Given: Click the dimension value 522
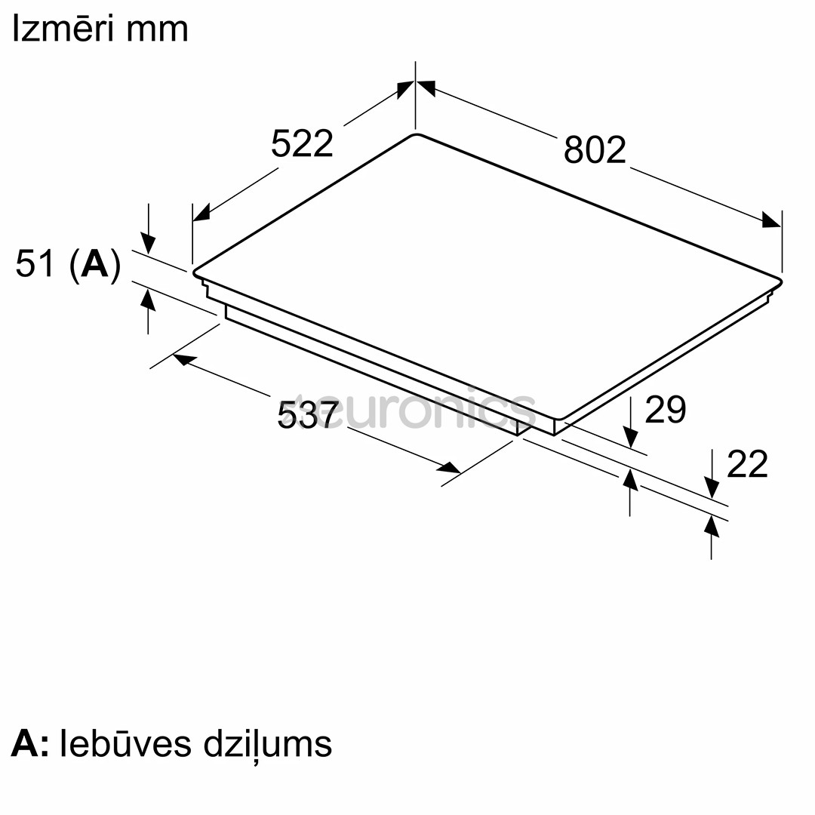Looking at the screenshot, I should pyautogui.click(x=302, y=143).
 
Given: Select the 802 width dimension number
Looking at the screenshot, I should pyautogui.click(x=595, y=150).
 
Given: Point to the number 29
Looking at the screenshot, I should pyautogui.click(x=665, y=409).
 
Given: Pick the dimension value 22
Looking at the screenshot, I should pyautogui.click(x=746, y=464).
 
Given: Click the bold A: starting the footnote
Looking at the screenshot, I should pyautogui.click(x=30, y=743).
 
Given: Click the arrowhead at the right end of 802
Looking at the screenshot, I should pyautogui.click(x=771, y=220).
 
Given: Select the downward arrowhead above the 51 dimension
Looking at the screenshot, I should pyautogui.click(x=149, y=244).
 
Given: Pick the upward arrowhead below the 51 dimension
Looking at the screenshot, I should pyautogui.click(x=149, y=300).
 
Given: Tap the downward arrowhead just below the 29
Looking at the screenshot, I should pyautogui.click(x=631, y=437).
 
